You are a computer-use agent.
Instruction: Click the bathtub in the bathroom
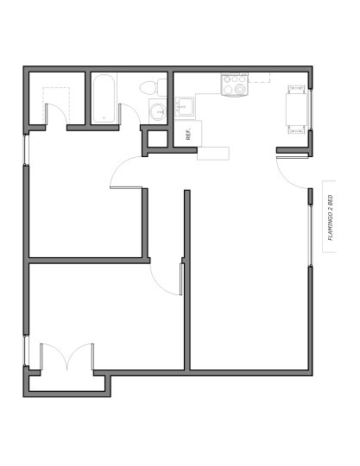(x=104, y=98)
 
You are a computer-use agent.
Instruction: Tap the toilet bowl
(x=148, y=87)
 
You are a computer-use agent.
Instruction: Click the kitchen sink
(x=184, y=106)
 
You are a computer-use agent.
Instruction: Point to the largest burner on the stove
(x=240, y=89)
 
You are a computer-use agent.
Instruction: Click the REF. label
(x=188, y=134)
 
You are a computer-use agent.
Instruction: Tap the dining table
(x=296, y=110)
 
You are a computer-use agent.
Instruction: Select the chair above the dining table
(x=296, y=89)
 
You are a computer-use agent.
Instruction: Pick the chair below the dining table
(x=296, y=129)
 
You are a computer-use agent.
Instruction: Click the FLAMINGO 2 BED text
(x=330, y=217)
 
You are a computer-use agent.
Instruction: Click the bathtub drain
(x=104, y=118)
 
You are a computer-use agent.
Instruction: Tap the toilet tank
(x=161, y=87)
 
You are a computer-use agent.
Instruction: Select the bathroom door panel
(x=119, y=114)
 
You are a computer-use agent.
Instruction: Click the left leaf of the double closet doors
(x=41, y=356)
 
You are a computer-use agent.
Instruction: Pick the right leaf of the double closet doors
(x=92, y=356)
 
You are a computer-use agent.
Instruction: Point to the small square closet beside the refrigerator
(x=158, y=139)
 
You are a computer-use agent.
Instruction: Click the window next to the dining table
(x=310, y=110)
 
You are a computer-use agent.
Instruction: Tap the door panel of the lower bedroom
(x=181, y=280)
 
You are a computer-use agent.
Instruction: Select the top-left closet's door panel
(x=46, y=114)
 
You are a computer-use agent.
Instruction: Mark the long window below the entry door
(x=310, y=236)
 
